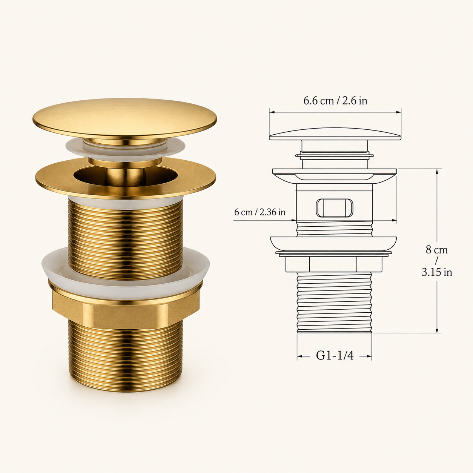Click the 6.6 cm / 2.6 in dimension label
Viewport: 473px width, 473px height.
(x=335, y=101)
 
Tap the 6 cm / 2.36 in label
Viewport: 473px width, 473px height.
(x=260, y=212)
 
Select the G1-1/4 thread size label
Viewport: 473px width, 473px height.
(x=335, y=355)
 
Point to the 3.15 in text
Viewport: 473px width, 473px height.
(x=437, y=272)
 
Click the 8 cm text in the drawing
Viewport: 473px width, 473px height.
(x=437, y=250)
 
